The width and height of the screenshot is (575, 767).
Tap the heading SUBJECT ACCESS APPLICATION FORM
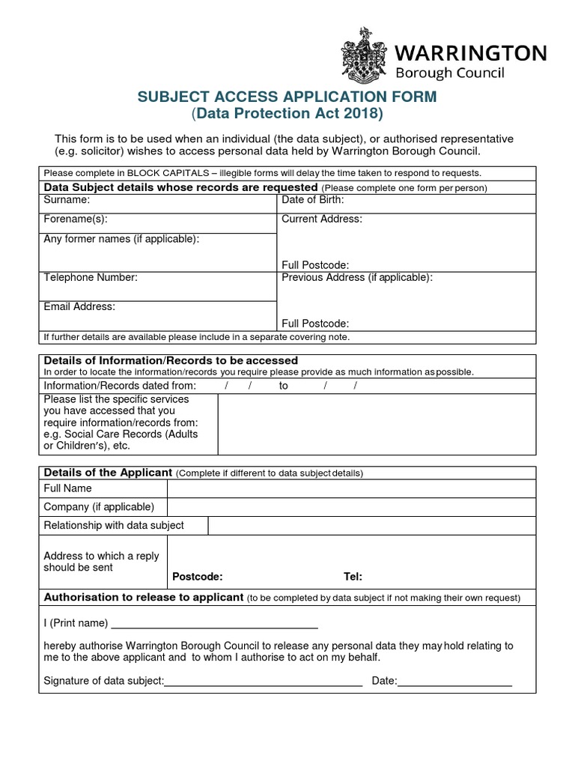click(x=285, y=97)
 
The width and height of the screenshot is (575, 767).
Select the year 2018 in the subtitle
click(x=364, y=114)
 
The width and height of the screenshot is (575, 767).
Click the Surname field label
click(x=67, y=200)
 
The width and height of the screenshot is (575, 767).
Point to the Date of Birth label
click(x=312, y=200)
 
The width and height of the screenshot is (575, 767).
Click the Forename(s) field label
click(x=75, y=219)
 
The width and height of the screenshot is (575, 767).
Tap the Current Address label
click(x=322, y=219)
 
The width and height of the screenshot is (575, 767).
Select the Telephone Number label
click(x=91, y=277)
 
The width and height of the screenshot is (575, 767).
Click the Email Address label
click(x=79, y=306)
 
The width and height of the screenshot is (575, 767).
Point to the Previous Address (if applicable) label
click(x=357, y=277)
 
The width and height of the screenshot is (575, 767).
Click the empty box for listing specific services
click(x=377, y=424)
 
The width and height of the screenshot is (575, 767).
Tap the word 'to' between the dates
click(x=283, y=385)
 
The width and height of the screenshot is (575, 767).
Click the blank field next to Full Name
click(x=351, y=488)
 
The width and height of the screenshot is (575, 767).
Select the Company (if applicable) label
click(x=99, y=507)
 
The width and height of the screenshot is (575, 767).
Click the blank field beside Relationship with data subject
click(x=371, y=525)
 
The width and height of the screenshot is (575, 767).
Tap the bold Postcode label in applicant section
click(x=198, y=576)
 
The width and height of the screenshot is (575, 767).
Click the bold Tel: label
click(x=353, y=576)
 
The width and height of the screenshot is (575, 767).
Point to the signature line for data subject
click(x=263, y=681)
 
